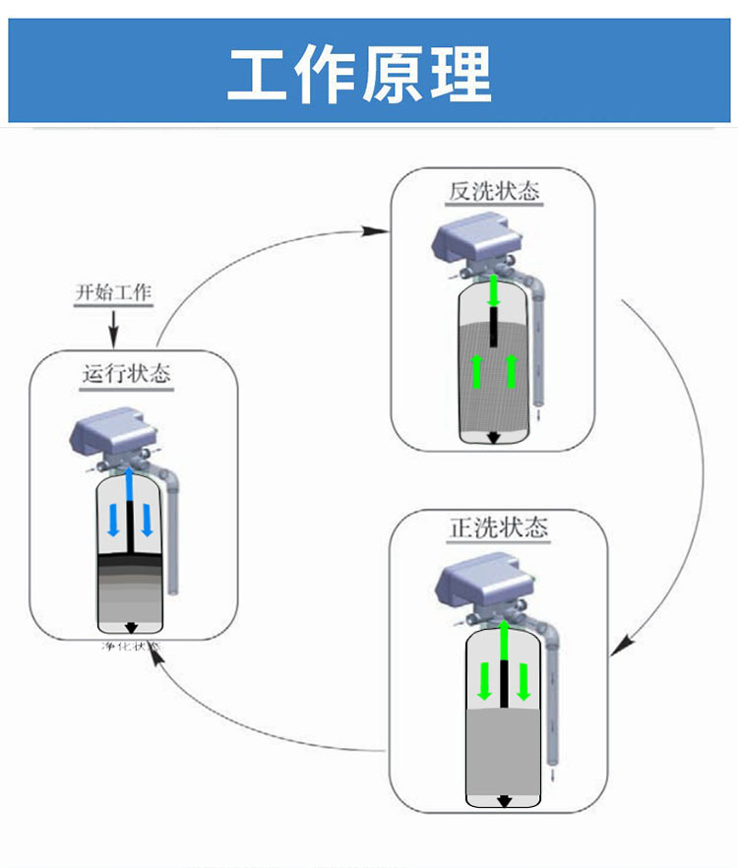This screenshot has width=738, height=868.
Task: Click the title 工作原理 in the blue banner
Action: tap(360, 74)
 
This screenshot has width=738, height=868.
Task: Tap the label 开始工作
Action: tap(113, 292)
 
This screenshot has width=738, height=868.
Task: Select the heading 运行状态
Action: tap(125, 374)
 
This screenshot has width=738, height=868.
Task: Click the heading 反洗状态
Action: tap(494, 191)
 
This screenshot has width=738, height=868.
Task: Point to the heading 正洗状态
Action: tap(498, 528)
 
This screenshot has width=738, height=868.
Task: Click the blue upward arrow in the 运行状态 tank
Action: tap(130, 486)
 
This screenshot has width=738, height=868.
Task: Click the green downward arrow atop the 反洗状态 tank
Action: tap(495, 290)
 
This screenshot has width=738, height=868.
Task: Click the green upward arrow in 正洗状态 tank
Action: tap(504, 640)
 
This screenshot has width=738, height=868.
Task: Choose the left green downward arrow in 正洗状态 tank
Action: tap(484, 682)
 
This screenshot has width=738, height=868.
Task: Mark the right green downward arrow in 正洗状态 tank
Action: tap(523, 682)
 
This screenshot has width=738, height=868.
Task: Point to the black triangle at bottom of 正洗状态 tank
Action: tap(504, 801)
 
